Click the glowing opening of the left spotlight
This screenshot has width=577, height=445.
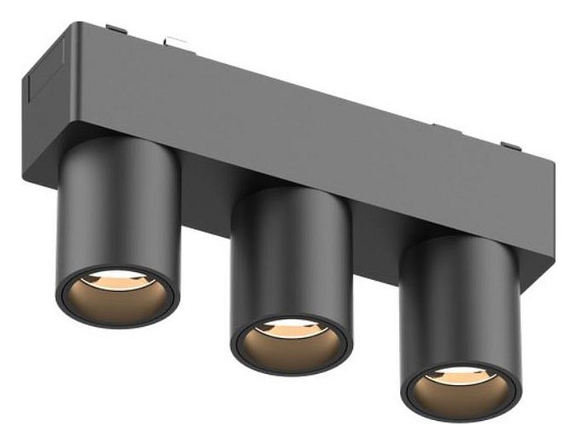point(115,291)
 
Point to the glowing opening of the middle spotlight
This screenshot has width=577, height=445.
point(290,337)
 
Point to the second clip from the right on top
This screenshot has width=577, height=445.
point(445,128)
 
